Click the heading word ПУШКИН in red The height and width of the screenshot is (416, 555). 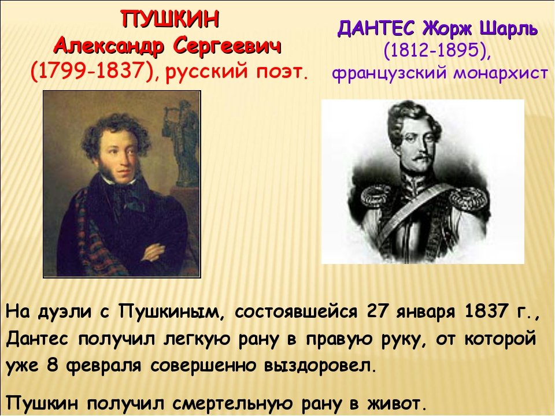point(171,19)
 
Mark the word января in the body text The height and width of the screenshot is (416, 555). point(423,313)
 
